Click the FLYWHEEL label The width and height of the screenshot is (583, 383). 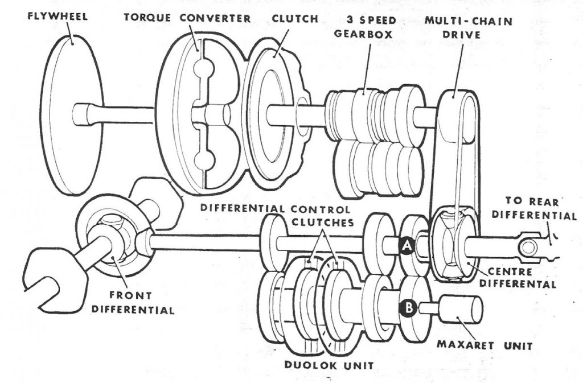point(58,17)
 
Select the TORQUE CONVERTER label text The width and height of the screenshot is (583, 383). point(187,18)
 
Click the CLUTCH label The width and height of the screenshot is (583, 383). point(295,19)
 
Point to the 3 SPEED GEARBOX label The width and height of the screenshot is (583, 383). point(363,27)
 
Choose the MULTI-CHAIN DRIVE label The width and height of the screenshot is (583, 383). point(469,27)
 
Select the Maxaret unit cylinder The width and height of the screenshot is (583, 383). point(461,309)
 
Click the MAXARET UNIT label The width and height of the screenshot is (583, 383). point(485,345)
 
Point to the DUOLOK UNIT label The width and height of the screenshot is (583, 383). point(329,364)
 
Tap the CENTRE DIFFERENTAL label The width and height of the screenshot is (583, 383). point(518,278)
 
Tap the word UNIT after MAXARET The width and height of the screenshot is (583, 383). point(518,345)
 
